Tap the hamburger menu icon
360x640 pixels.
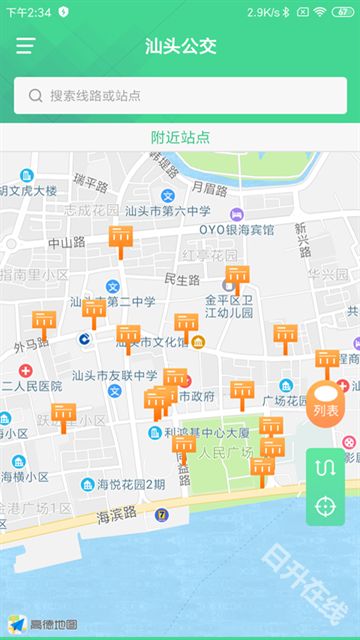coord(25,46)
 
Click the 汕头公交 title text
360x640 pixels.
coord(180,46)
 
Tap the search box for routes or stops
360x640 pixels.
coord(180,96)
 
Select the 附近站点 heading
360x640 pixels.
coord(180,137)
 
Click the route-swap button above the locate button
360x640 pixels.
coord(325,467)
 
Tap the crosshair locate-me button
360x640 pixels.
coord(325,506)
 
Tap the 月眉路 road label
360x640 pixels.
coord(209,187)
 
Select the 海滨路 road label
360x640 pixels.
coord(117,516)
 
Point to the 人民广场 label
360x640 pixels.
coord(228,452)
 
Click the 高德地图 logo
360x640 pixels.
coord(45,624)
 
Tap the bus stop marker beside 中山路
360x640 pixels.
coord(120,238)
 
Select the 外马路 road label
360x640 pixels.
coord(31,345)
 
